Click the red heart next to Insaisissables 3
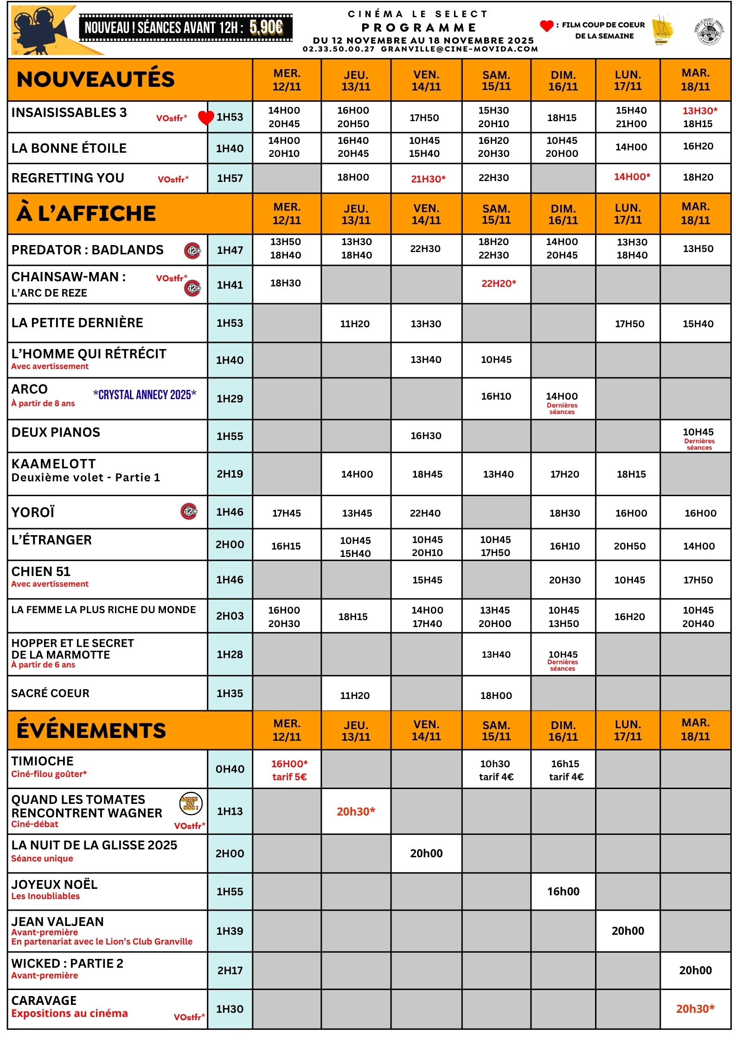pyautogui.click(x=205, y=117)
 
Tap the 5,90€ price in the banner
pyautogui.click(x=266, y=27)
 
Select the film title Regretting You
pyautogui.click(x=68, y=178)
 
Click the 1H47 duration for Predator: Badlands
pyautogui.click(x=230, y=250)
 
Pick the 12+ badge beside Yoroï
pyautogui.click(x=189, y=511)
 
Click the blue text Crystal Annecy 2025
pyautogui.click(x=145, y=395)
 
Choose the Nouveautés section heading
pyautogui.click(x=96, y=79)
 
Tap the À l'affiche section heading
pyautogui.click(x=86, y=214)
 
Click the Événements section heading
pyautogui.click(x=91, y=730)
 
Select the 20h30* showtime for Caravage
pyautogui.click(x=695, y=1009)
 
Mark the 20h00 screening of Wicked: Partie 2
pyautogui.click(x=695, y=970)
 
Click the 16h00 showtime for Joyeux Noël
pyautogui.click(x=563, y=891)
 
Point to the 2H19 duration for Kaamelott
pyautogui.click(x=230, y=474)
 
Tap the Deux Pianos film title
pyautogui.click(x=56, y=432)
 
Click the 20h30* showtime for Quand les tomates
pyautogui.click(x=356, y=811)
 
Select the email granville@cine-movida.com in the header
pyautogui.click(x=459, y=49)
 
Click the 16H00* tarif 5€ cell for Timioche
pyautogui.click(x=289, y=770)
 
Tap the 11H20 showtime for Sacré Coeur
pyautogui.click(x=355, y=695)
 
